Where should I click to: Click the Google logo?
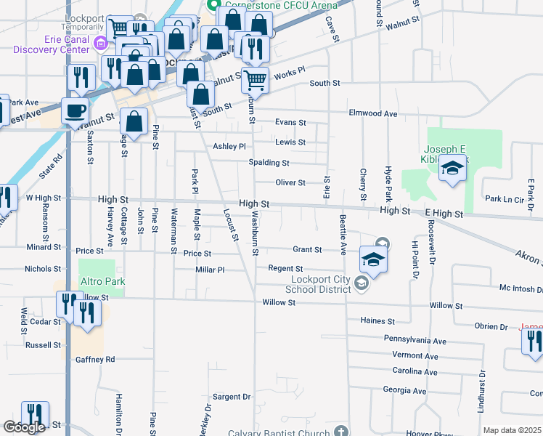tap(25, 427)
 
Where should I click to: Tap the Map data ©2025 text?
tap(512, 430)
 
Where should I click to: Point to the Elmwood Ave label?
tap(373, 114)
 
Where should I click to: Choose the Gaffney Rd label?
tap(95, 360)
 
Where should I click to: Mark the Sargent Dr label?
tap(231, 397)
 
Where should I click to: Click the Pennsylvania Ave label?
tap(415, 340)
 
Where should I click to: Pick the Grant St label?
tap(307, 249)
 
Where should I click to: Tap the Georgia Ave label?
tap(404, 390)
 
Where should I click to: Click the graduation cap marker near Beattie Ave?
tap(373, 259)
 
